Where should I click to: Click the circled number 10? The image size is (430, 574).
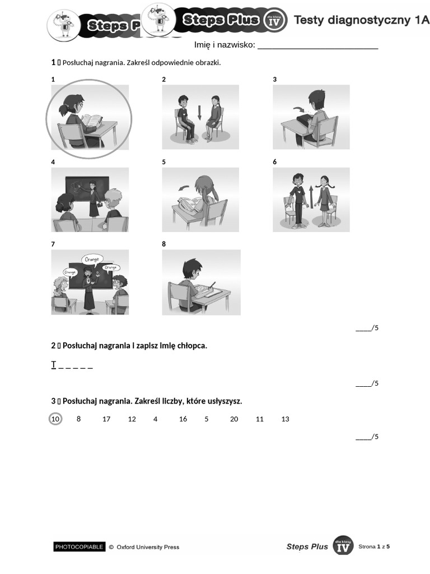(x=55, y=419)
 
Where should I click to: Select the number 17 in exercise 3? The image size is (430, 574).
(x=106, y=419)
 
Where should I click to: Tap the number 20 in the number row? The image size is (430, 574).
(x=234, y=419)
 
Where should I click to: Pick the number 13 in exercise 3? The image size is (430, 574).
(x=285, y=419)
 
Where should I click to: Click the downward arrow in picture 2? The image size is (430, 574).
(x=200, y=112)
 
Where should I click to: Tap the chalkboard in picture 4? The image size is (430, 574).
(x=87, y=189)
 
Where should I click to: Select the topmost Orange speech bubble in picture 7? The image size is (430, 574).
(x=92, y=260)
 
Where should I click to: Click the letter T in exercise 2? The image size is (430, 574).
(x=54, y=364)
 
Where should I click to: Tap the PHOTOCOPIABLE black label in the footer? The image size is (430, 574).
(x=79, y=547)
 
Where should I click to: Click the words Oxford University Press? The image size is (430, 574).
(x=148, y=547)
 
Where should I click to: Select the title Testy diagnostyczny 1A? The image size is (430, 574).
(x=361, y=20)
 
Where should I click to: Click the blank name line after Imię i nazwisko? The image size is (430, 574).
(x=318, y=48)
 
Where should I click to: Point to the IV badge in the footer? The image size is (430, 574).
(x=343, y=546)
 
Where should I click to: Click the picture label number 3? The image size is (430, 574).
(x=274, y=80)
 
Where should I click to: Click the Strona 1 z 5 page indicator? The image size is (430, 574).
(x=374, y=547)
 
